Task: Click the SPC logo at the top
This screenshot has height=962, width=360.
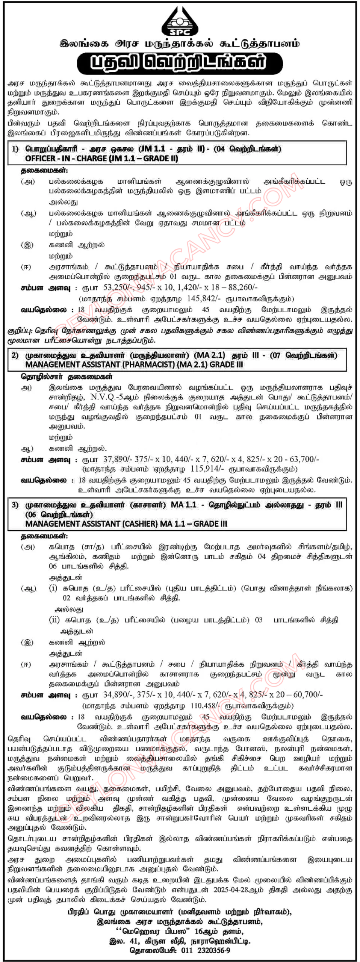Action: (x=180, y=22)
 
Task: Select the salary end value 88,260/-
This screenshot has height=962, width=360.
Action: (x=242, y=288)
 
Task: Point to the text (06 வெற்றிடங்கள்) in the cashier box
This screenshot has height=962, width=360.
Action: (x=59, y=514)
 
